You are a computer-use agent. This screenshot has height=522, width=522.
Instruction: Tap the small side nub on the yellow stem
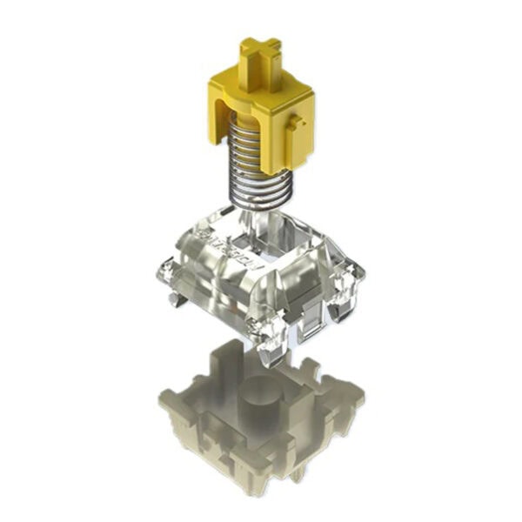tap(301, 126)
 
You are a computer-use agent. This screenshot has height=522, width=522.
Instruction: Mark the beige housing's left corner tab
tap(165, 400)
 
